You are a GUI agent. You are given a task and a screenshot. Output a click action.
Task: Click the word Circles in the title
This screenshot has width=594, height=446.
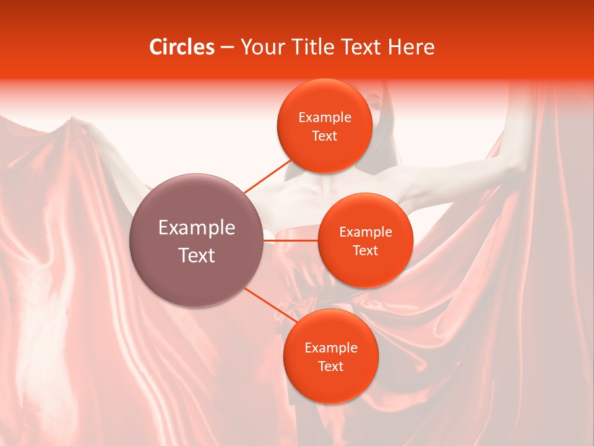[x=181, y=47]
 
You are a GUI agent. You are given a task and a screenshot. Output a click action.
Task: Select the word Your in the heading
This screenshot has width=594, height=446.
[x=261, y=47]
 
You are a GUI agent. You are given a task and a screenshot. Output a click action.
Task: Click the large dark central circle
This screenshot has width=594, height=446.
[x=197, y=241]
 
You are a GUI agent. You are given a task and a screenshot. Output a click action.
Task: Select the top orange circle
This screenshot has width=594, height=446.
[x=324, y=126]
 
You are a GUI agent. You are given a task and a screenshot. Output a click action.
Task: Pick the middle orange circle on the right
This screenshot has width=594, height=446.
[x=365, y=241]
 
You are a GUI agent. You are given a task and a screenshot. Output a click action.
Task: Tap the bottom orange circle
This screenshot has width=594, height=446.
[x=330, y=357]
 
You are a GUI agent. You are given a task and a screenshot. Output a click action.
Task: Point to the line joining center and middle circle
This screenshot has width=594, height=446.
[x=291, y=240]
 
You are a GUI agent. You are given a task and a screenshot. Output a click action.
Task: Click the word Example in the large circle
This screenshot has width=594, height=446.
[x=197, y=228]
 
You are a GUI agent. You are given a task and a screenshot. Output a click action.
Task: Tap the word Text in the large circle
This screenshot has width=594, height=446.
[x=197, y=255]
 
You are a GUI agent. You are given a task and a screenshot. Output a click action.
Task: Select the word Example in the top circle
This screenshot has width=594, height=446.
[x=324, y=118]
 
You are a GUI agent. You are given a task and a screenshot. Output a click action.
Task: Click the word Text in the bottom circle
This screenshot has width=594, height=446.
[x=330, y=366]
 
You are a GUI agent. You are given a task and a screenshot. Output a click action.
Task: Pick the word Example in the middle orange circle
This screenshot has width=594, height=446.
[x=365, y=232]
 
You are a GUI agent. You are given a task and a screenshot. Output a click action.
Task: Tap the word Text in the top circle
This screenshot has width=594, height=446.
[x=324, y=136]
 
